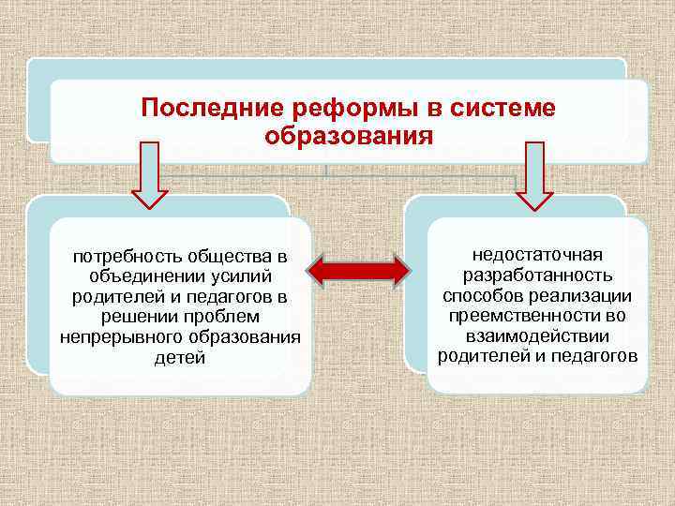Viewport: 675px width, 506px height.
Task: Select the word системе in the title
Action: (x=503, y=108)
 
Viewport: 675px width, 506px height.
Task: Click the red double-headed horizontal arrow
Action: (x=359, y=271)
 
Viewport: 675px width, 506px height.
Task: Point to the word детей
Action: (x=178, y=359)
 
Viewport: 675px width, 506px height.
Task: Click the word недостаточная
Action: (x=538, y=255)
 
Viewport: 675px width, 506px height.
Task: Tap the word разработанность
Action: (x=538, y=275)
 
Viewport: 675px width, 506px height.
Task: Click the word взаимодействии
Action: (x=538, y=336)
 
